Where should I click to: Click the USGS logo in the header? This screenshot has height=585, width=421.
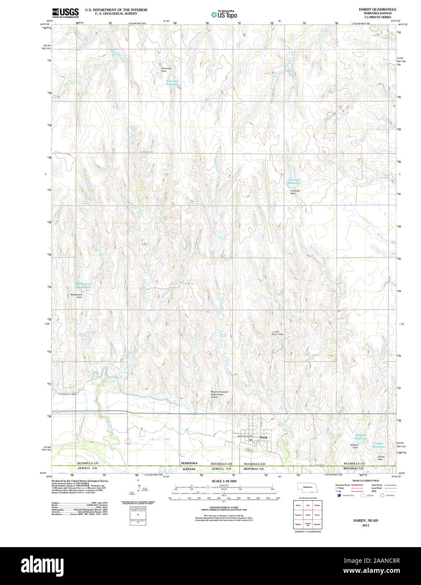[x=65, y=13]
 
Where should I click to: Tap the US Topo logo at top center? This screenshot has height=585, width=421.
[x=224, y=15]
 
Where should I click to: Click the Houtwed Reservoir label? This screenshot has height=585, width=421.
[x=294, y=181]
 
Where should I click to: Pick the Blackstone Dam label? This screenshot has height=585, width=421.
[x=77, y=296]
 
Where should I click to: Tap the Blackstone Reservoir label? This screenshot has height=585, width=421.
[x=83, y=285]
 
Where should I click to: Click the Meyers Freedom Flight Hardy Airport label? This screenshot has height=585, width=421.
[x=220, y=394]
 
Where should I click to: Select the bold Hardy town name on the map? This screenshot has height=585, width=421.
[x=264, y=438]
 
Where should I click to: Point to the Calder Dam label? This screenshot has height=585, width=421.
[x=381, y=457]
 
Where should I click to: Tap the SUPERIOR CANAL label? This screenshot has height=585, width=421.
[x=68, y=394]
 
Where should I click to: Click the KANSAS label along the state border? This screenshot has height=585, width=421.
[x=189, y=468]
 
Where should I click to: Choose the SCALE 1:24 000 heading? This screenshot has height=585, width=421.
[x=224, y=481]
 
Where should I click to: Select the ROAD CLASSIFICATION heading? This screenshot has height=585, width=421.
[x=365, y=481]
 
